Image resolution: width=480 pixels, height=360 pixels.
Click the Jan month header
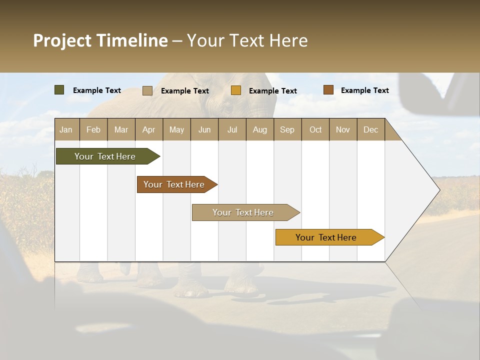point(66,129)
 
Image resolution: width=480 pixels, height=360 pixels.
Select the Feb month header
point(93,129)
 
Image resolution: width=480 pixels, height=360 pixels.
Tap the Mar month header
point(121,129)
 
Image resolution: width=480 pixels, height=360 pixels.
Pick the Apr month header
point(149,129)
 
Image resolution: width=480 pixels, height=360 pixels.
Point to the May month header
point(176,129)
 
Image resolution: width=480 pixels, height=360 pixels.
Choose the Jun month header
point(204,129)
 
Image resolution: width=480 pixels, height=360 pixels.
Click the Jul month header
point(232,129)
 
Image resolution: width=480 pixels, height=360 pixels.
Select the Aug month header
point(260,129)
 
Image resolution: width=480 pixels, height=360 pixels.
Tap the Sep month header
point(287,129)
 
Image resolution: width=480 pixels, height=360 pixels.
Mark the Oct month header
point(315,129)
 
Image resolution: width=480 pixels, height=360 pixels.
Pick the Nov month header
point(343,129)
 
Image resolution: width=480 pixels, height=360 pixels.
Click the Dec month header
point(371,129)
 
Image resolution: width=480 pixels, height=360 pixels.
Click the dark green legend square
point(59,90)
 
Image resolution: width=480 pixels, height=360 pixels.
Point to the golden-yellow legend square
point(236,90)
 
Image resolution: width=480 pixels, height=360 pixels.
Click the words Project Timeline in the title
point(100,40)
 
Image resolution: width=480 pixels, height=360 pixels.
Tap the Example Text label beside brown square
point(364,90)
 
